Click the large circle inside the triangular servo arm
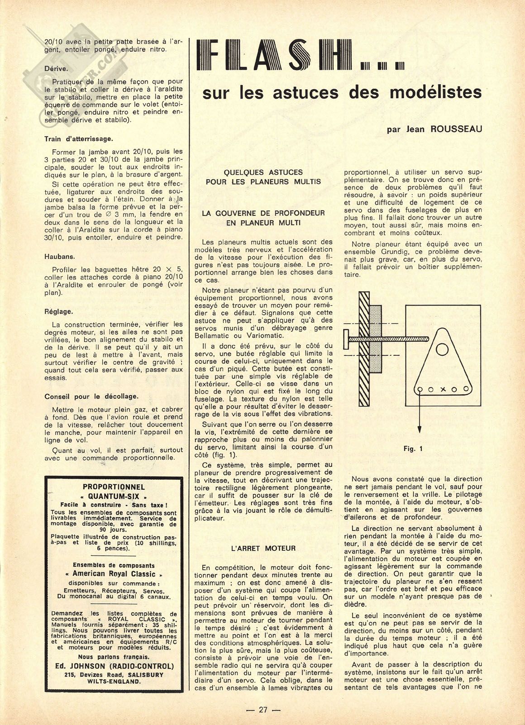pos(442,349)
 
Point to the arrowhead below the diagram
pos(419,430)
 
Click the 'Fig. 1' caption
pos(413,449)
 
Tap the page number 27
pos(262,710)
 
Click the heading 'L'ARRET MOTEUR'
pos(263,549)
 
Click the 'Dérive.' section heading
pos(56,69)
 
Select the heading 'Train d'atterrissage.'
pos(79,139)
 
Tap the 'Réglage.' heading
pos(59,311)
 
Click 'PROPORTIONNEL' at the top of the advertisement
pos(114,487)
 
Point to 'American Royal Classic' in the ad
pos(114,574)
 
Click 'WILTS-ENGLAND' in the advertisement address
pos(114,681)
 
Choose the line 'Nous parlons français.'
pos(114,657)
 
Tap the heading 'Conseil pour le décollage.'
pos(91,396)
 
